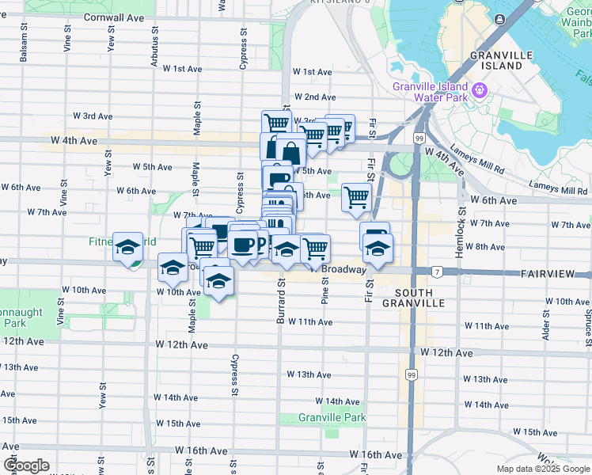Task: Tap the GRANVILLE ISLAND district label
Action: pos(497,60)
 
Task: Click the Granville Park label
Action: pos(332,417)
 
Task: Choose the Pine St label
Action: pos(325,291)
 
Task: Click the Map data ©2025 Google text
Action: pos(542,469)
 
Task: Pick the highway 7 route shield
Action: pos(437,272)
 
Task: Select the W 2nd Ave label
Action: pos(314,97)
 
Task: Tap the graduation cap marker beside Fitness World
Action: pos(127,248)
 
